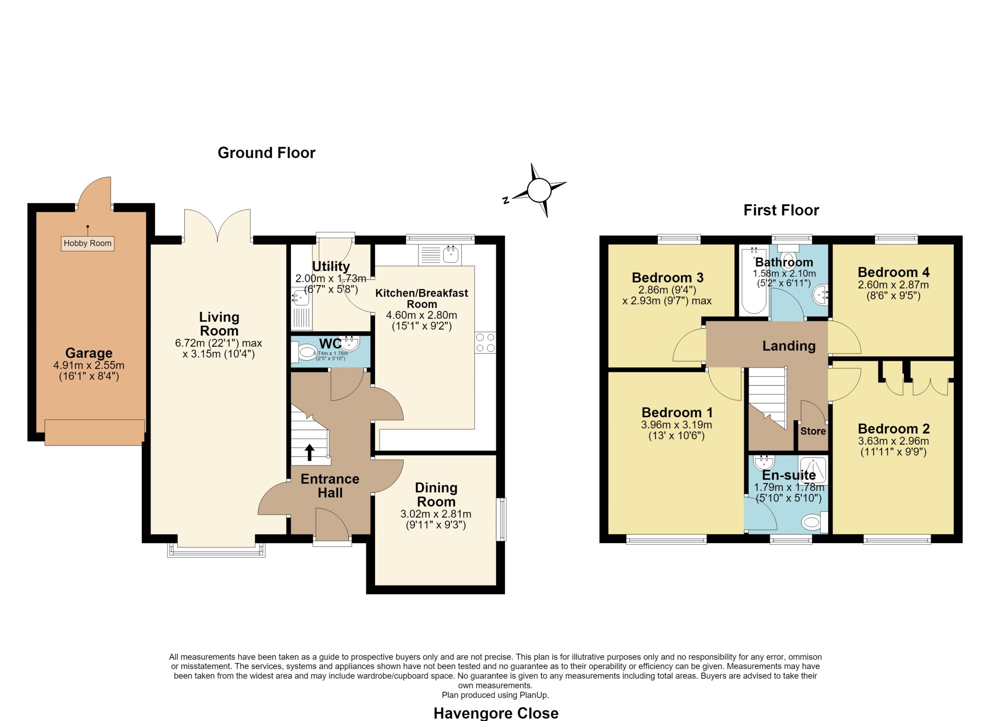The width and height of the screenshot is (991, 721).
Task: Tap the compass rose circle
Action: [x=539, y=190]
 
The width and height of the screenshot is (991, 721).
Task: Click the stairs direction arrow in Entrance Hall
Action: [x=309, y=453]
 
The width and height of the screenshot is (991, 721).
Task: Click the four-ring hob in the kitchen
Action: [x=485, y=343]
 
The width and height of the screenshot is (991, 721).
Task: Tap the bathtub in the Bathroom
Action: [x=754, y=280]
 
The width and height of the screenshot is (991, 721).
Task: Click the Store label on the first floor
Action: [x=813, y=431]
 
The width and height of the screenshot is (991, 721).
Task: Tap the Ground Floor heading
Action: [x=267, y=153]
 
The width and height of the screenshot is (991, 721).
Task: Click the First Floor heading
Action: [x=781, y=210]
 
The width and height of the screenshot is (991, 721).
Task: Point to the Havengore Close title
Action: [x=496, y=713]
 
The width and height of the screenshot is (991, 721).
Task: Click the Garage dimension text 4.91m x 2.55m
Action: [x=89, y=365]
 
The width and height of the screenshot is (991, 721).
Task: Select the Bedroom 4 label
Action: [x=893, y=272]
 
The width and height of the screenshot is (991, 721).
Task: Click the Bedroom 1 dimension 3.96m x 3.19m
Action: [x=676, y=425]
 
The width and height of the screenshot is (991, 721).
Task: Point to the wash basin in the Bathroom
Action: [x=820, y=296]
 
